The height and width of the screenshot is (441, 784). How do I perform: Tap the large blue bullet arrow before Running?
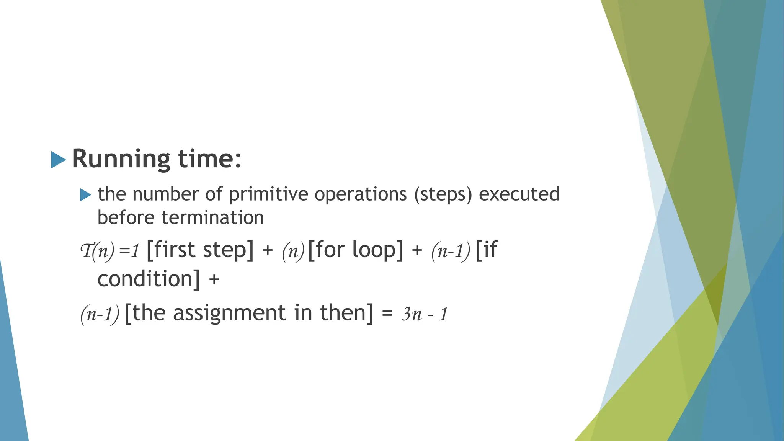coord(58,160)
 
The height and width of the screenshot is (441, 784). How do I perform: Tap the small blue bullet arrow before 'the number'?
coord(85,195)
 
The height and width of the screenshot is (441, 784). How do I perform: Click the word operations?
coord(361,194)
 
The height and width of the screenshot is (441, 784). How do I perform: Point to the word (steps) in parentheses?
coord(443,194)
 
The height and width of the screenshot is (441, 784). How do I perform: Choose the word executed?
coord(519,194)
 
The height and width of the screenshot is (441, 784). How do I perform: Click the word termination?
coord(212,217)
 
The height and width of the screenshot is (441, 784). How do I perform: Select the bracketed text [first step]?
coord(200,250)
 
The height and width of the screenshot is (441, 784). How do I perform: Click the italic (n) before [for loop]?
coord(293,251)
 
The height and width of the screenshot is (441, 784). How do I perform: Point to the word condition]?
coord(149,279)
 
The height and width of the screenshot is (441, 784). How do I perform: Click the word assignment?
coord(229,313)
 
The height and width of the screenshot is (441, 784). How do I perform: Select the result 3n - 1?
coord(424,314)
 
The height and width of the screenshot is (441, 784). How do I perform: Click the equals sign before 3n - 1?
coord(387,315)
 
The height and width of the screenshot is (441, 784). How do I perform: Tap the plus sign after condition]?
coord(214,279)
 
